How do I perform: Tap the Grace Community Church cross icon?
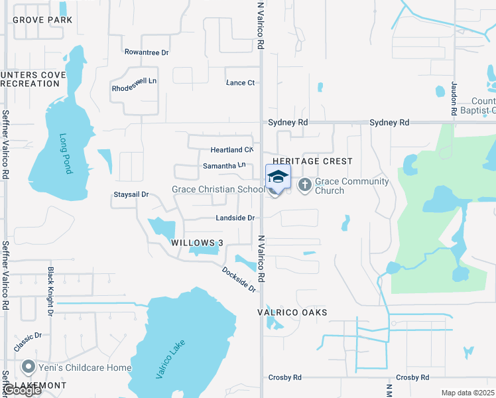[x=305, y=185]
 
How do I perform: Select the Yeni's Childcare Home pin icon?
[x=28, y=367]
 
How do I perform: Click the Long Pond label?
[x=65, y=153]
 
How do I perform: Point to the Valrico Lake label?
[x=171, y=360]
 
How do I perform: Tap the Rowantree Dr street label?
[x=147, y=52]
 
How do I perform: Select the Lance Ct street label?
[x=240, y=83]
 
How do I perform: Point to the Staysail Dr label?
[x=131, y=195]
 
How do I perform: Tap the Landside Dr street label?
[x=235, y=218]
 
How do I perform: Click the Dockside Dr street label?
[x=239, y=279]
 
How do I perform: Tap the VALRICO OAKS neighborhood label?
[x=292, y=312]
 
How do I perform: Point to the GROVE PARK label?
[x=42, y=20]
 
